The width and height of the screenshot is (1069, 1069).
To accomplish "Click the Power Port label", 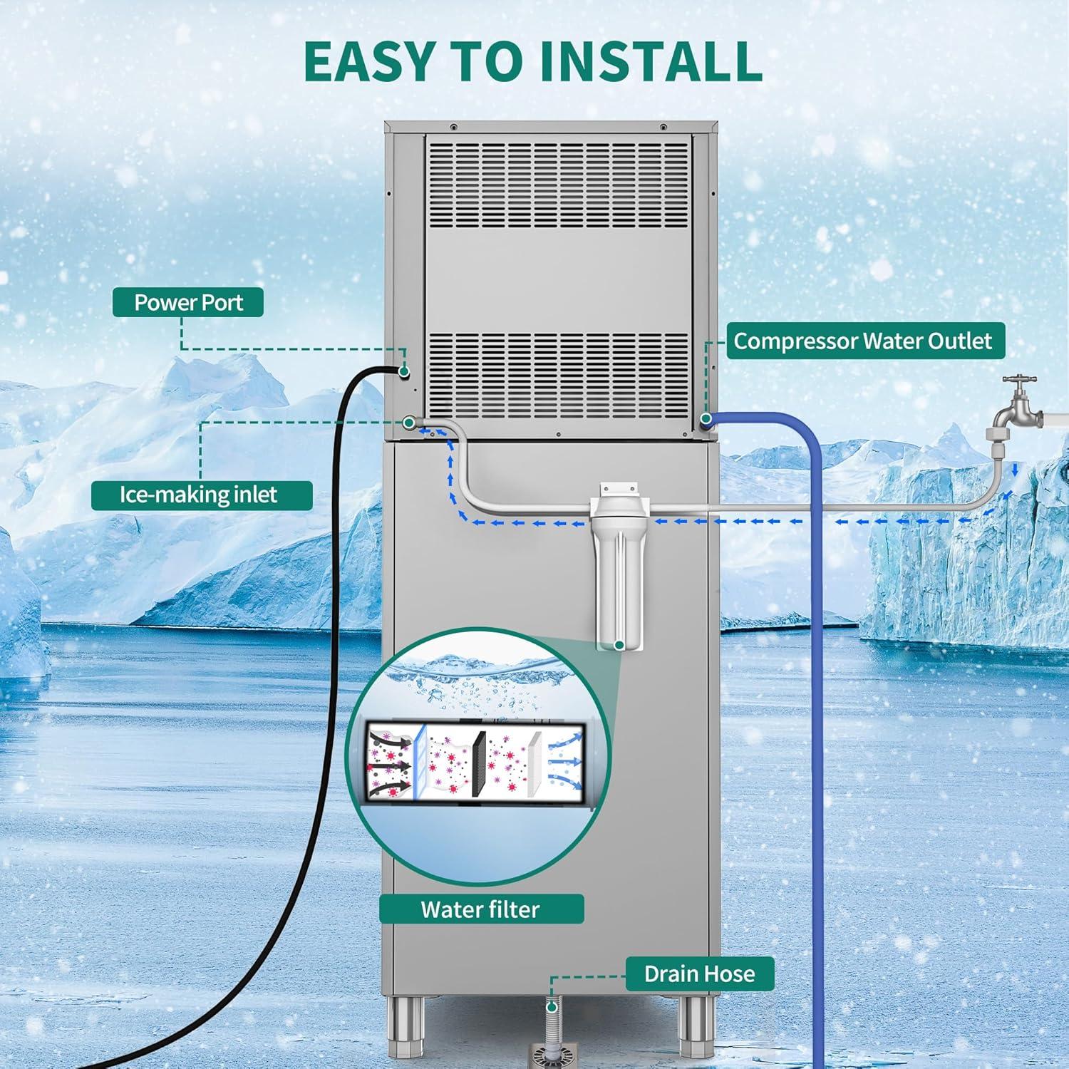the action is point(188,302).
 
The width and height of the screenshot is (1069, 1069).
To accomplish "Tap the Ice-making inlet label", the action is point(202,495).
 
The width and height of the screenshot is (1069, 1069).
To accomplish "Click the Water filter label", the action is point(481,909).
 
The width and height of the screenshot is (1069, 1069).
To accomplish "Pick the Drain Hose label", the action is point(700,974).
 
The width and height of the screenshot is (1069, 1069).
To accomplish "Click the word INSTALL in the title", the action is point(651,61).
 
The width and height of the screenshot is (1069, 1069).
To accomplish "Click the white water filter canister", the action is point(619,563).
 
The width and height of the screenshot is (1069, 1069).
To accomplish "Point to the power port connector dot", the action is point(404,371).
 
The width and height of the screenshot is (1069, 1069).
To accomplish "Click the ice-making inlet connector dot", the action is point(409,423).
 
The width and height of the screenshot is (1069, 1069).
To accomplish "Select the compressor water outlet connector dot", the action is point(706,419).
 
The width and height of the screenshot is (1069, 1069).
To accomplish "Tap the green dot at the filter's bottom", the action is point(619,645).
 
